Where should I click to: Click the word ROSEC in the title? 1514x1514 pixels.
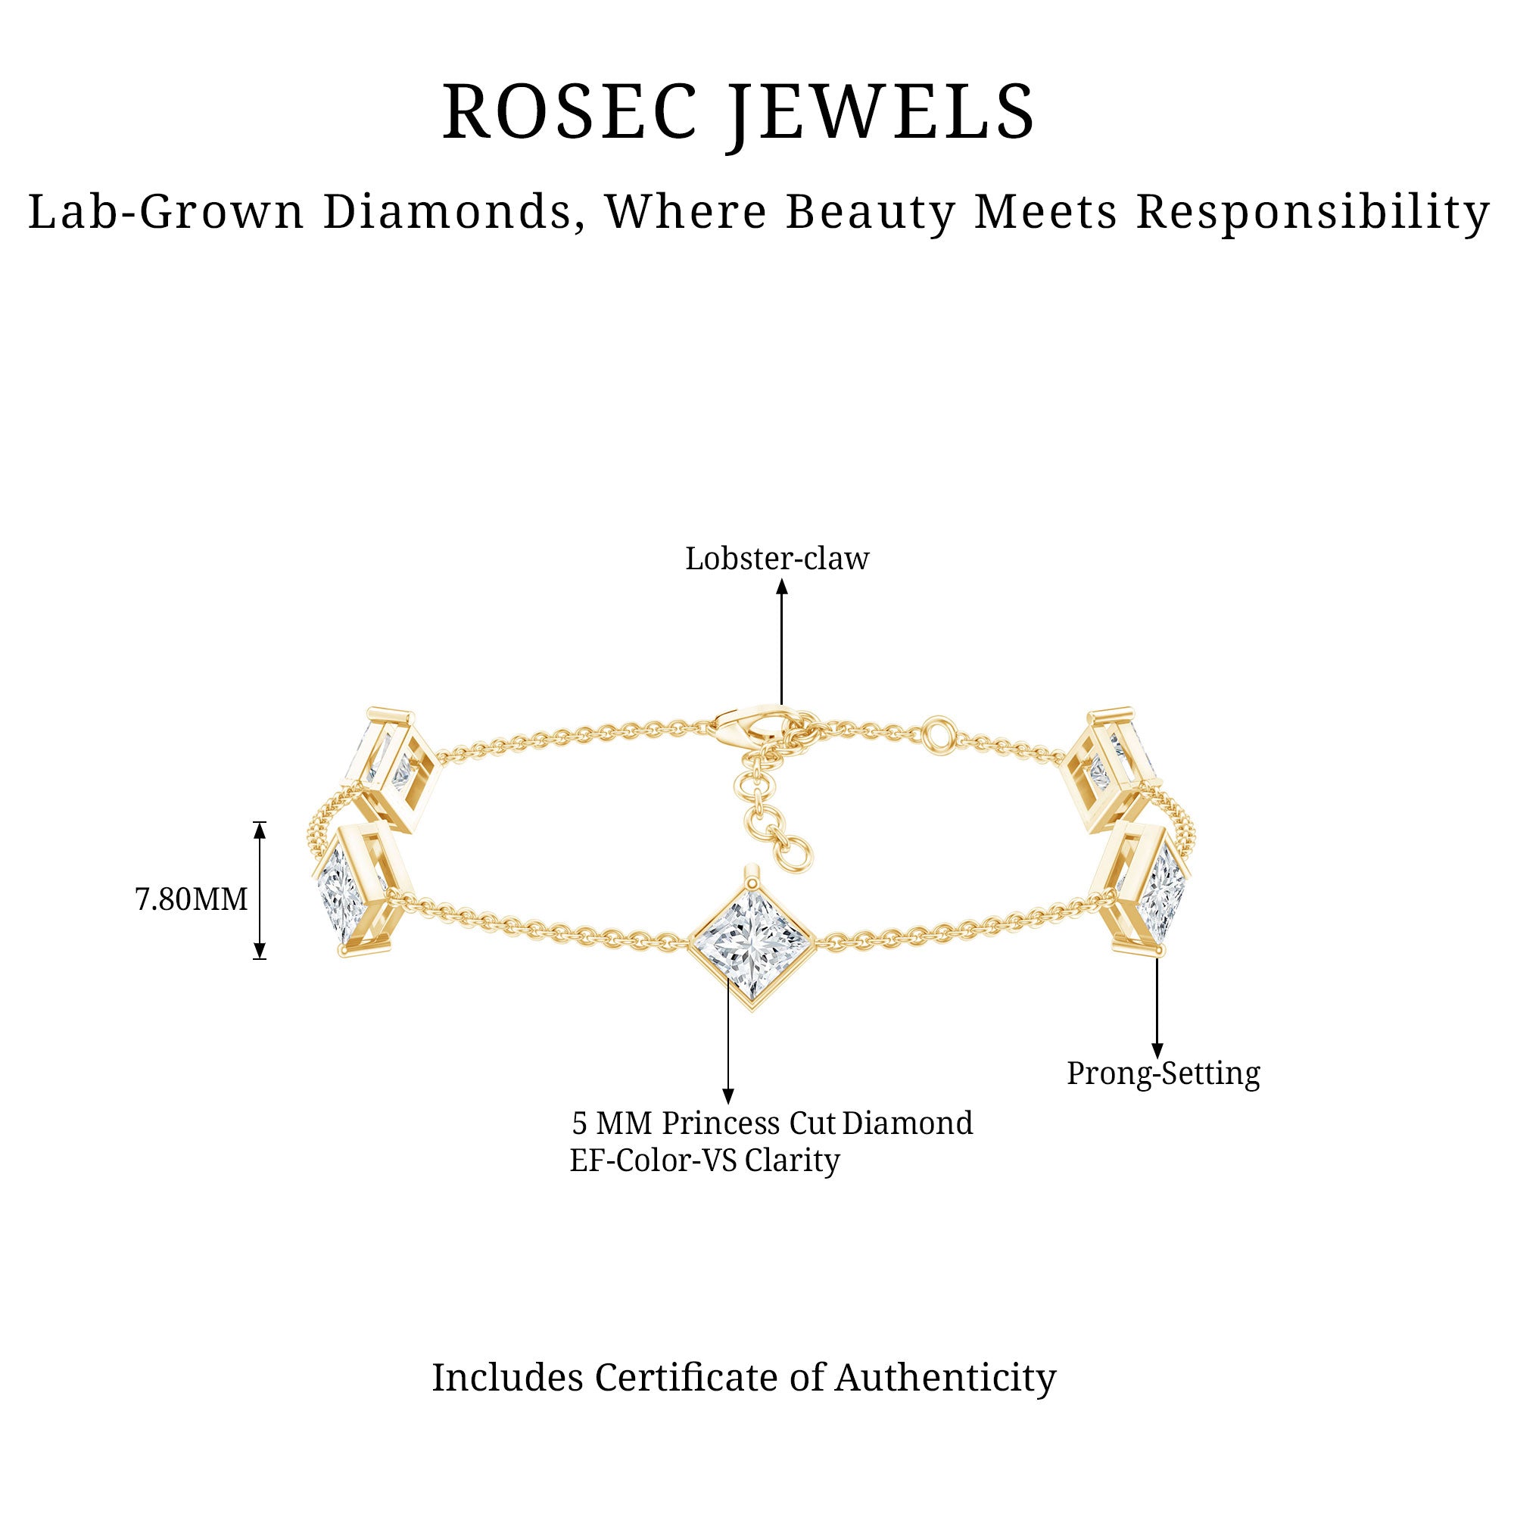pyautogui.click(x=569, y=112)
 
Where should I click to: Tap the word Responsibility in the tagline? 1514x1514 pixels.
pyautogui.click(x=1313, y=213)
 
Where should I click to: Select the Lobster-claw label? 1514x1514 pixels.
pyautogui.click(x=777, y=559)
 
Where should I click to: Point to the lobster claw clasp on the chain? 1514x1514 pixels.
pyautogui.click(x=749, y=721)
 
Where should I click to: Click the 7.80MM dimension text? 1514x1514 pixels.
pyautogui.click(x=192, y=899)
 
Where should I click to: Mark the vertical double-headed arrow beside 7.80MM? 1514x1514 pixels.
pyautogui.click(x=260, y=890)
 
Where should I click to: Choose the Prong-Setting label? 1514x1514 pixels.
pyautogui.click(x=1163, y=1073)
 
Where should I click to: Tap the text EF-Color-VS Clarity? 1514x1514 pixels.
pyautogui.click(x=704, y=1160)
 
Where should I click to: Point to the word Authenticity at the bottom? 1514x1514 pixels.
pyautogui.click(x=945, y=1377)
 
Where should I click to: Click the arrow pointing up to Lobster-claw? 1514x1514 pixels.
pyautogui.click(x=781, y=643)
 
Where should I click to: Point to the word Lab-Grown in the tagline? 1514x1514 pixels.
pyautogui.click(x=165, y=213)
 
